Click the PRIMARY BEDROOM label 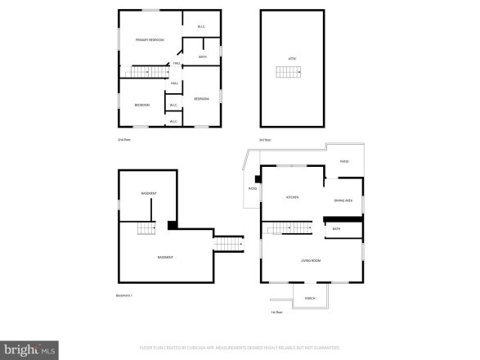[x=150, y=39]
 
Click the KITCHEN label [x=292, y=197]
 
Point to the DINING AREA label [x=343, y=200]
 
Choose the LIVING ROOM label [x=311, y=261]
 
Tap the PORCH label [x=310, y=298]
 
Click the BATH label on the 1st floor [x=336, y=229]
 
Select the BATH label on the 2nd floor [x=202, y=56]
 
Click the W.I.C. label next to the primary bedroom [x=201, y=27]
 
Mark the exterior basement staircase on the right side [x=229, y=244]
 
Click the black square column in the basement [x=172, y=225]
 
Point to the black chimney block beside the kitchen [x=258, y=178]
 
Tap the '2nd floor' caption [x=123, y=140]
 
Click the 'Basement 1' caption [x=125, y=295]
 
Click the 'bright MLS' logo [x=29, y=350]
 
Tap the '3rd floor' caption [x=265, y=140]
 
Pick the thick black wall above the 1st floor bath [x=343, y=218]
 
